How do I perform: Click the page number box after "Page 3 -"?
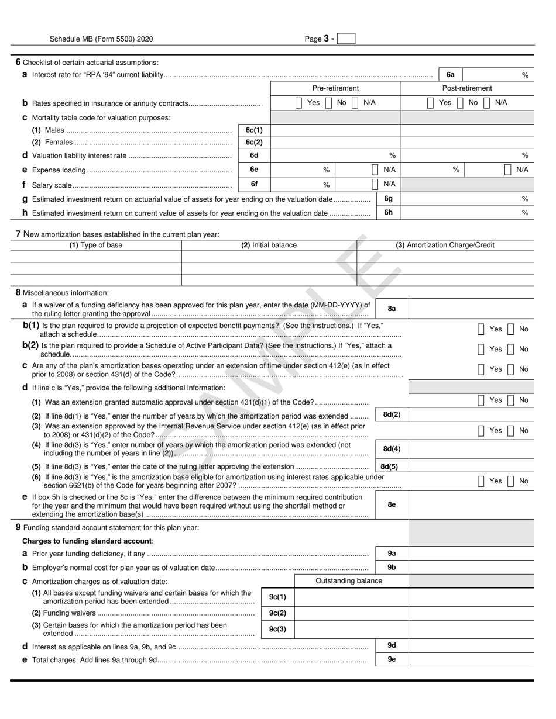(346, 39)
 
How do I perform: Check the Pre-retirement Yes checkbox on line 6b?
(299, 103)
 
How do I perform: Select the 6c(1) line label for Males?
(254, 130)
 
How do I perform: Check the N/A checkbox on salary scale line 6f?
(375, 184)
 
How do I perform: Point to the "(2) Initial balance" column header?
(269, 245)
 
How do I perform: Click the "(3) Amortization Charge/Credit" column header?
(445, 245)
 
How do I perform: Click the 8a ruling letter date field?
(471, 309)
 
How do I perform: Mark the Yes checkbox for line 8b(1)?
(481, 329)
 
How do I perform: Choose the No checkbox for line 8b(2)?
(510, 349)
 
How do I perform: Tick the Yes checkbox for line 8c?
(481, 369)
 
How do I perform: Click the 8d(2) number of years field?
(471, 415)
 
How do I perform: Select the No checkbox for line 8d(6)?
(510, 481)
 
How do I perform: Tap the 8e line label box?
(392, 505)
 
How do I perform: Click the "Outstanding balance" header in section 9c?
(349, 581)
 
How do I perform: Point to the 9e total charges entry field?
(471, 659)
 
